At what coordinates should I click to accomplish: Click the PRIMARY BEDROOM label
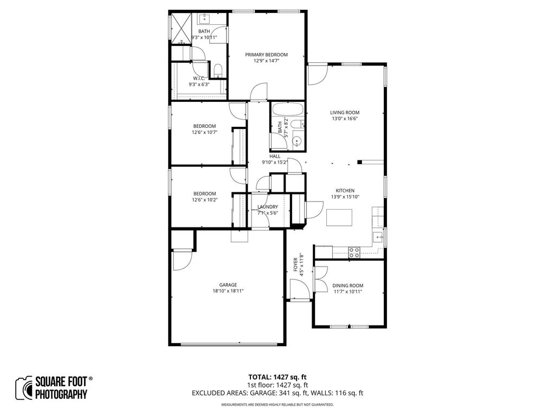pos(266,55)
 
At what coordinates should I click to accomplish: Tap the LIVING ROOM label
pos(345,113)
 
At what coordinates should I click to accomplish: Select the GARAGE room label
pos(228,285)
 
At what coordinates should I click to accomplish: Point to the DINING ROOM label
pos(348,285)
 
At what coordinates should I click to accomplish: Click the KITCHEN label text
pos(345,191)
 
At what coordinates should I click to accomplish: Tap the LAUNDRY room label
pos(268,207)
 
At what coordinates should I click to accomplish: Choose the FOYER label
pos(296,264)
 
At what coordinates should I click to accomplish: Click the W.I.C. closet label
pos(199,78)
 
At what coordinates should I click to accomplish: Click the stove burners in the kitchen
pos(354,252)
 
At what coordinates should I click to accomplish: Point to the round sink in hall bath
pos(296,142)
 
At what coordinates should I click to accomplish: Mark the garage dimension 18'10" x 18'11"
pos(228,291)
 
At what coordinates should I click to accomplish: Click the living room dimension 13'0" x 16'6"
pos(345,119)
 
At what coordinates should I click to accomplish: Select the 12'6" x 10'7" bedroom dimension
pos(204,132)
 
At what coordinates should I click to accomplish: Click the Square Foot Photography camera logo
pos(24,388)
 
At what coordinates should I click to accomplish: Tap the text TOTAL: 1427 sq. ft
pos(277,377)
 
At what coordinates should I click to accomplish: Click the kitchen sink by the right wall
pos(377,237)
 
